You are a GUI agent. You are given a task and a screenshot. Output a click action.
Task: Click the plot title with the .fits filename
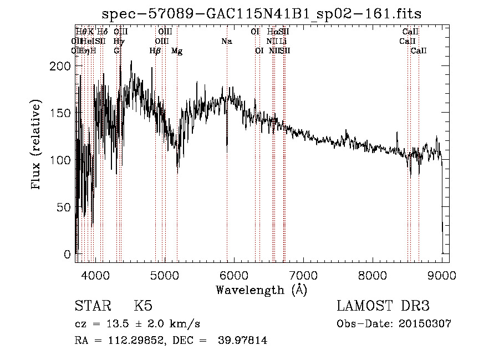coord(266,14)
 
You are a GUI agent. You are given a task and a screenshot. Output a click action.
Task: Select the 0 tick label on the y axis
coord(68,255)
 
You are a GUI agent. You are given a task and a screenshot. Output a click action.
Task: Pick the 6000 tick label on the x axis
coord(234,275)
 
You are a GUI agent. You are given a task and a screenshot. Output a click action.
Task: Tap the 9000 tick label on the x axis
coord(442,275)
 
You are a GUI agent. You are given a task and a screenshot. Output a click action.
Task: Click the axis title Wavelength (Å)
coord(261,289)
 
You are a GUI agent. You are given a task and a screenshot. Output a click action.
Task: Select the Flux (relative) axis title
coord(37,145)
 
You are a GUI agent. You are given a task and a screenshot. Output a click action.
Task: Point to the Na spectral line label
coord(226,42)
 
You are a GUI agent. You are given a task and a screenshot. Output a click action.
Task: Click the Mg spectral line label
coord(177,51)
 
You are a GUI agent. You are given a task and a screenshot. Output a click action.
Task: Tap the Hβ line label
coord(155,51)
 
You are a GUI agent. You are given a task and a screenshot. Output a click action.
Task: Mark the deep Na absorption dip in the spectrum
coord(227,148)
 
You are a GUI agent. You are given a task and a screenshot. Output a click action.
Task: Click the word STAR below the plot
coord(91,306)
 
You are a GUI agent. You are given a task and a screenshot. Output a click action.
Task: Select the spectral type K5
coord(142,306)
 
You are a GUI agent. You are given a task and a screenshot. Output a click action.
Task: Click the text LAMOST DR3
coord(383,306)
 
